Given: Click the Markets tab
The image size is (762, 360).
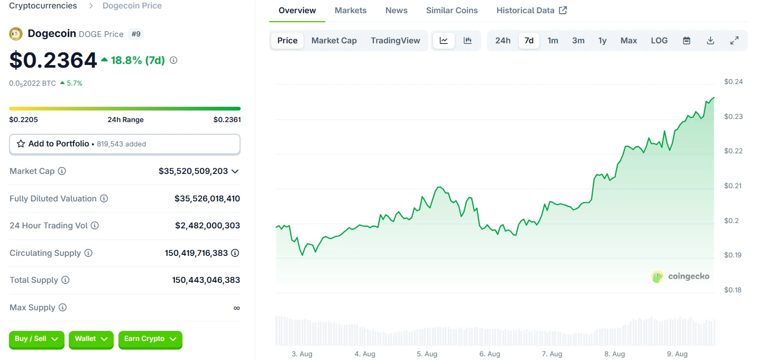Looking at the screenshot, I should click(x=351, y=11).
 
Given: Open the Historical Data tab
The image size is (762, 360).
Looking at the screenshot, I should click(x=531, y=11).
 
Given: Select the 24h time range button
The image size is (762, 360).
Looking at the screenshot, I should click(x=503, y=41).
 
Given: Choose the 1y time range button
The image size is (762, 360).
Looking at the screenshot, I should click(x=602, y=41).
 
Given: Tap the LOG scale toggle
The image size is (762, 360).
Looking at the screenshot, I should click(x=659, y=41).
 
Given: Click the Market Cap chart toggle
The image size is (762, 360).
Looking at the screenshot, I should click(x=334, y=41).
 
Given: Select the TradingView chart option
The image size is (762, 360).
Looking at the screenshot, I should click(x=396, y=41).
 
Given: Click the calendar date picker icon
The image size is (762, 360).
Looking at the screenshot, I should click(x=686, y=41).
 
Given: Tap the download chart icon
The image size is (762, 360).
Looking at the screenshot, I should click(x=710, y=41).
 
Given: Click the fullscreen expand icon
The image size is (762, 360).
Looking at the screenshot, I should click(x=734, y=41).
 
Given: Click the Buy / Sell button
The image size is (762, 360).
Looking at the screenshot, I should click(x=36, y=339).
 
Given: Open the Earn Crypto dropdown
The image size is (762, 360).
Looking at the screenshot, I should click(x=150, y=339).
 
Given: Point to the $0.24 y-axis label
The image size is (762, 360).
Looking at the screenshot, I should click(x=733, y=82).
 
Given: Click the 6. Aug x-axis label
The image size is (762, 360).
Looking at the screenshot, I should click(x=490, y=354).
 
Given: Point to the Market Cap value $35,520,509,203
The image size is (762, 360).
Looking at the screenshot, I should click(x=193, y=171).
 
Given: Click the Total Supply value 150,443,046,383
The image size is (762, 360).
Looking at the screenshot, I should click(x=206, y=280).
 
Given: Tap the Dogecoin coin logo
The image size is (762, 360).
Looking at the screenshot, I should click(x=16, y=34).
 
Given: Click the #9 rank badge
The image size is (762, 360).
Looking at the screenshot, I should click(x=136, y=34).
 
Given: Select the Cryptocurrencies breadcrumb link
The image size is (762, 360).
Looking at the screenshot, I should click(x=43, y=6).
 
